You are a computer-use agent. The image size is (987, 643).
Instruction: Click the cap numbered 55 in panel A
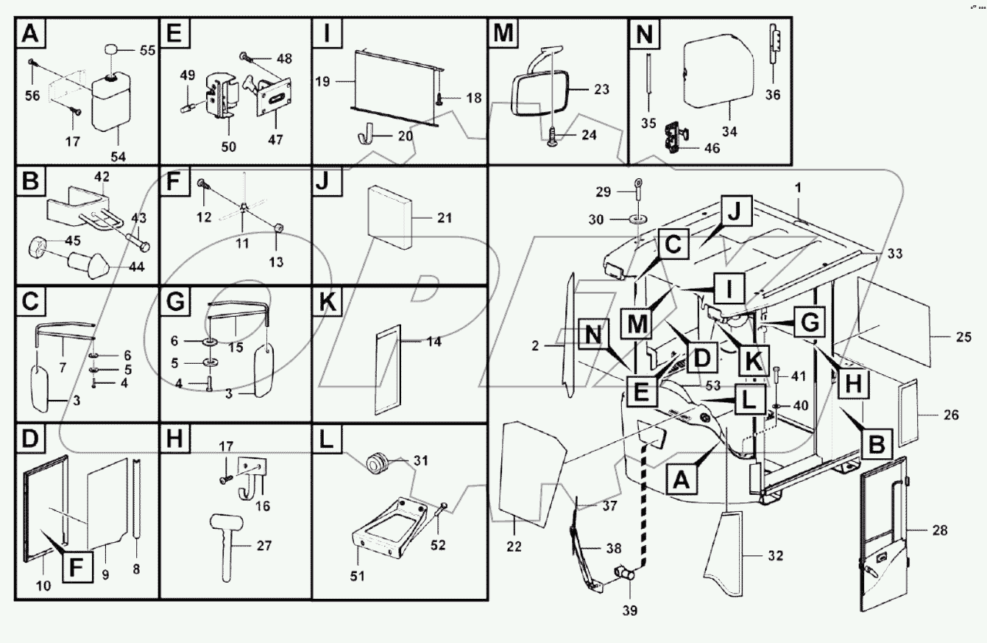click(x=113, y=51)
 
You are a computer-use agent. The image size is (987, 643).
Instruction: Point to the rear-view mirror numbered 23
click(x=540, y=92)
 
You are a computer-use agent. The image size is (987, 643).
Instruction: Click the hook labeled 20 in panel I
click(x=366, y=137)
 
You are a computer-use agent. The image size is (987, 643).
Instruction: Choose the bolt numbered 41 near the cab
click(x=777, y=379)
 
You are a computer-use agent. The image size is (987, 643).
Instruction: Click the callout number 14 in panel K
click(x=436, y=342)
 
